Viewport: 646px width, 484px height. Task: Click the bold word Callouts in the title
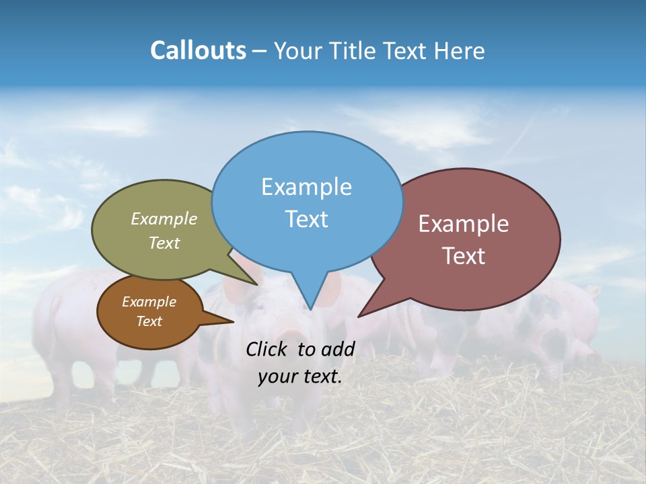point(198,50)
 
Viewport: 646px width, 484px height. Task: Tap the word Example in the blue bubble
point(307,187)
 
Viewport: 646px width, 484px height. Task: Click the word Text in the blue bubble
point(307,219)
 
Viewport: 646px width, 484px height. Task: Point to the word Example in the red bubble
point(464,224)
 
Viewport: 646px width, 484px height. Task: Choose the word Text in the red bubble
point(464,256)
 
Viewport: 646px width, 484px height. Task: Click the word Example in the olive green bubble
point(164,219)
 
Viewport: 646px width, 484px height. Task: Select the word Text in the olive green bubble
point(164,243)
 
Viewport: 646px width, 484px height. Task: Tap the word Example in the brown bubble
point(149,302)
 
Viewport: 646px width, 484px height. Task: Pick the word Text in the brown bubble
point(149,321)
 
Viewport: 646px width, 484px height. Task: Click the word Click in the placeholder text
point(266,349)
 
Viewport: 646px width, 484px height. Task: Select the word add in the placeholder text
point(338,349)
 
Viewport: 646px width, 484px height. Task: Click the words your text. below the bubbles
point(300,376)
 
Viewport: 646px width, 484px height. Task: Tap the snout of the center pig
point(291,334)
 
